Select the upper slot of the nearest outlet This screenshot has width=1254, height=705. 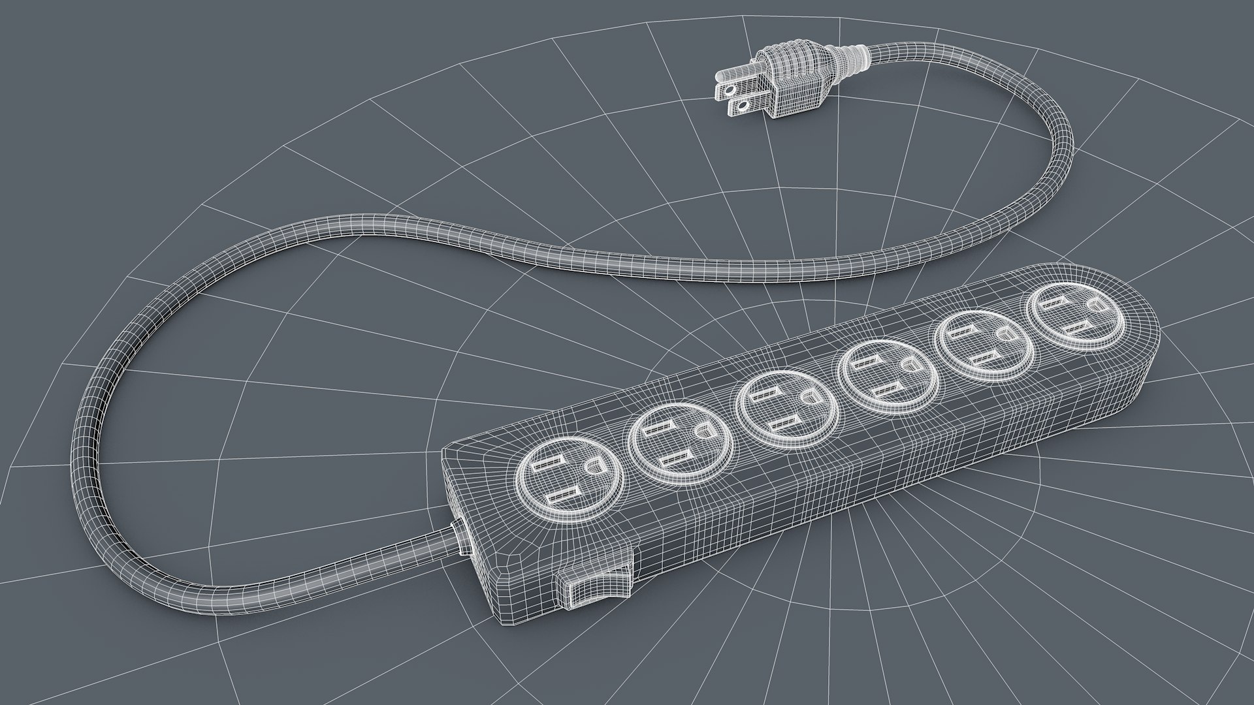pos(546,466)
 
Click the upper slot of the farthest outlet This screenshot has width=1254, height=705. pos(1055,305)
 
